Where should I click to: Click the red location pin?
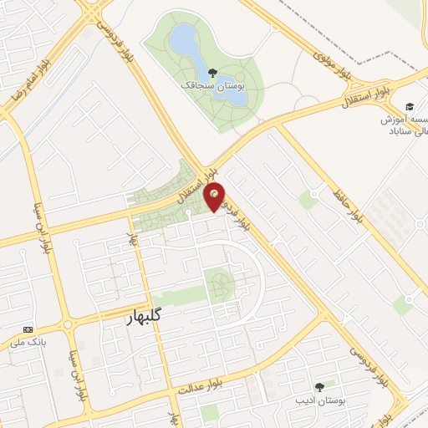click(215, 196)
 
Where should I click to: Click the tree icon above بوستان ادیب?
click(318, 386)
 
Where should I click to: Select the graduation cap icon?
click(409, 106)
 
